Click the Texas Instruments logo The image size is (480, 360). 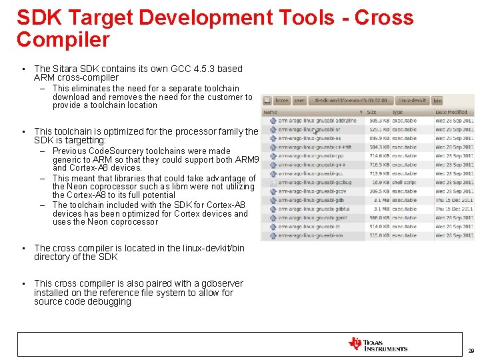click(x=377, y=344)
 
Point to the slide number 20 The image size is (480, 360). click(x=471, y=351)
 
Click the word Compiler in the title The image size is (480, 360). click(x=63, y=40)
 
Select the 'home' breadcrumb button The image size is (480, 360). click(x=282, y=101)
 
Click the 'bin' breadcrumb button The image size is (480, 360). click(x=437, y=101)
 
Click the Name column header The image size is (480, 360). click(x=270, y=112)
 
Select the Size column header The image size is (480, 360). click(x=372, y=112)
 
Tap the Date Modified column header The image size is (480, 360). click(x=451, y=112)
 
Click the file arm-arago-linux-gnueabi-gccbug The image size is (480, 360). click(x=315, y=181)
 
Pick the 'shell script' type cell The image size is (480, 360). click(x=404, y=181)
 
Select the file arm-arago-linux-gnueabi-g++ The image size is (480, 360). click(x=311, y=164)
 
